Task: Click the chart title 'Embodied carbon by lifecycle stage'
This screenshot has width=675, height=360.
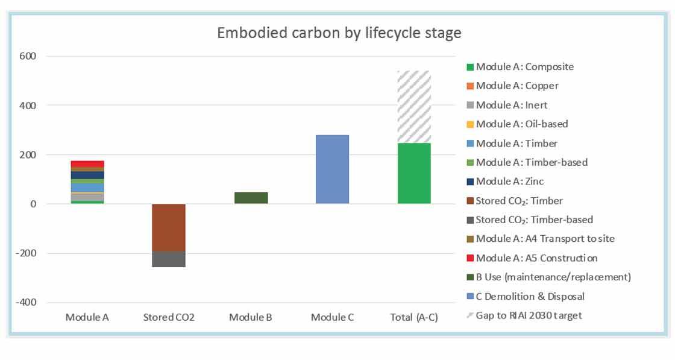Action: (339, 33)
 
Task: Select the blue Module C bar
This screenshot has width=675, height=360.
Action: (332, 169)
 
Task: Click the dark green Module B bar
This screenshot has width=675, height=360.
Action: (251, 198)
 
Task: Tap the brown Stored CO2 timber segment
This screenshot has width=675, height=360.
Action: (169, 227)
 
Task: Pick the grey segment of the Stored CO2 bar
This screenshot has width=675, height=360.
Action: (169, 259)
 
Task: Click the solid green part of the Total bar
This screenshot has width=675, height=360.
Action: (414, 173)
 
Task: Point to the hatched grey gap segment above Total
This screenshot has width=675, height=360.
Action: (414, 107)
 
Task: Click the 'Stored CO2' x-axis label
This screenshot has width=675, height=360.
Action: (169, 317)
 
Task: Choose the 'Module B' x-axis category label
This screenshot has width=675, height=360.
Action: (251, 317)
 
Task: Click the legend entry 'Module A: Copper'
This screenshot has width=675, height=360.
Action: (517, 86)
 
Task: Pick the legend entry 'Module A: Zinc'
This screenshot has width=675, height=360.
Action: (509, 181)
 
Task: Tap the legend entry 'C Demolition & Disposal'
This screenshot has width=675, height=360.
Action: (530, 296)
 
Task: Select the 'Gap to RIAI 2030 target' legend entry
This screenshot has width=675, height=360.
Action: (529, 315)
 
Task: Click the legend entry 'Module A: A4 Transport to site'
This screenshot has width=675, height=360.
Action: (545, 239)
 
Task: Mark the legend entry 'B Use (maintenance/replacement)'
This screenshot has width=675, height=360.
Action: (553, 277)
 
